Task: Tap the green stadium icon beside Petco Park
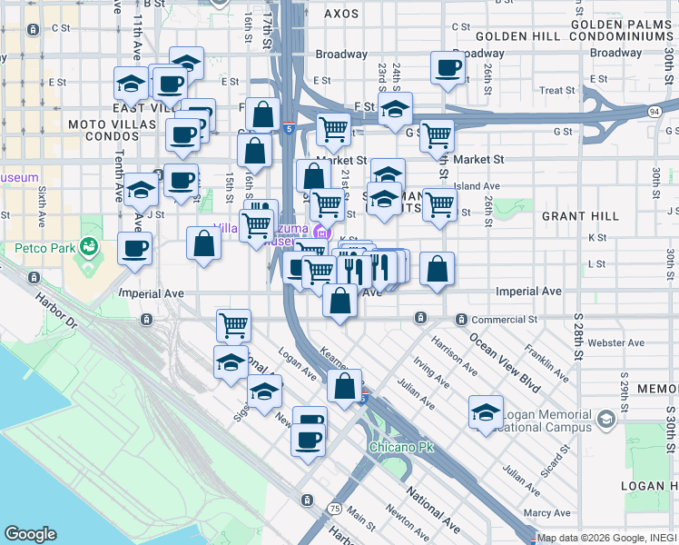click(89, 245)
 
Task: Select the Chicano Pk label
click(398, 448)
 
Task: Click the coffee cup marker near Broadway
click(447, 68)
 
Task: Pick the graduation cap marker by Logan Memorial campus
click(486, 411)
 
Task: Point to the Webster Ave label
click(615, 342)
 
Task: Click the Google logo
click(31, 534)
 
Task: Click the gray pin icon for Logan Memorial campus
click(606, 421)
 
